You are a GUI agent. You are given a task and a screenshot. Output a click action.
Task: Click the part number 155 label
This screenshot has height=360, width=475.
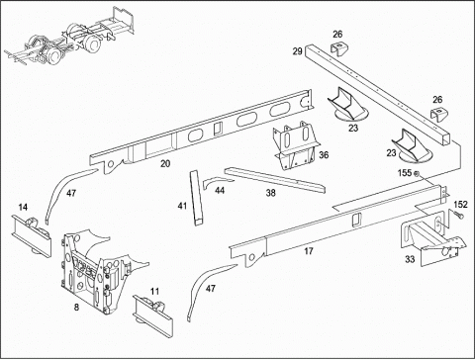tap(405, 173)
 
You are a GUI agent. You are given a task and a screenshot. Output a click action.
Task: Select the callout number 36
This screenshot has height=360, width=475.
tap(324, 154)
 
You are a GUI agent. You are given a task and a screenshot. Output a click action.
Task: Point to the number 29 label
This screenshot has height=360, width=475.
tap(297, 51)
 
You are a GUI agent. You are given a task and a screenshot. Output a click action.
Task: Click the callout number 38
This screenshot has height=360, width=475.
tap(270, 193)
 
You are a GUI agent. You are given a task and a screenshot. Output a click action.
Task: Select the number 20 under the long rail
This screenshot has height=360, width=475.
tap(165, 163)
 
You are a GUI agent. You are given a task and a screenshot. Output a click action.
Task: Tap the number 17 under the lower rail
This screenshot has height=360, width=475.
tap(309, 251)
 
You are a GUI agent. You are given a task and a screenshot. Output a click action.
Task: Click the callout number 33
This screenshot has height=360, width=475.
tap(410, 259)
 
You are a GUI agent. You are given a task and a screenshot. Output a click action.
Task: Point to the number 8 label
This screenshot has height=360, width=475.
tap(76, 308)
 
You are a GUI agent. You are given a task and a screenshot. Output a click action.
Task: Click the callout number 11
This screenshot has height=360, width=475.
tap(154, 291)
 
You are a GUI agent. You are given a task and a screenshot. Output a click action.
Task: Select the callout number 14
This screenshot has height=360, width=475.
tap(23, 207)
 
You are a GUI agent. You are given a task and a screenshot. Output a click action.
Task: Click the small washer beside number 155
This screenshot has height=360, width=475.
tap(417, 173)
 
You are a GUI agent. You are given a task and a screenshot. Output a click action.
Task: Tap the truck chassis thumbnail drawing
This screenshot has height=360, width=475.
tap(70, 37)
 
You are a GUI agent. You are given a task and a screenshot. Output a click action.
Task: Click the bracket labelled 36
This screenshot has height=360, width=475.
tap(296, 145)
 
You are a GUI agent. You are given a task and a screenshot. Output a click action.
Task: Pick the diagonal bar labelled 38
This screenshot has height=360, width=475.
tap(274, 180)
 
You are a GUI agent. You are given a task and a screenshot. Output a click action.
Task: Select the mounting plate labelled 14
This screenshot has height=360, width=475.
tap(31, 235)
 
